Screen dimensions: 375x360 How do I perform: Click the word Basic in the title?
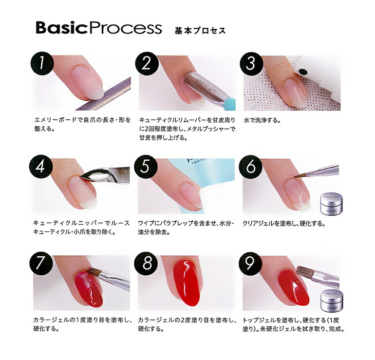(61, 28)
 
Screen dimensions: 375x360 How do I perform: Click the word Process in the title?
(124, 28)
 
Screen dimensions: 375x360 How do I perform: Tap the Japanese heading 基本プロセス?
(200, 31)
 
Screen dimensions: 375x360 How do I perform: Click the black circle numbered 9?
(251, 264)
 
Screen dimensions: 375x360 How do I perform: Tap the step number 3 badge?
(251, 64)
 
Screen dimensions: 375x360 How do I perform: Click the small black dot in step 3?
(303, 71)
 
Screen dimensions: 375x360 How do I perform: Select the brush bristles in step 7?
(95, 272)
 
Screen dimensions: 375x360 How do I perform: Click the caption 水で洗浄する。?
(262, 120)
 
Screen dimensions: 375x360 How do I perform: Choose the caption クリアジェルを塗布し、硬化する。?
(284, 224)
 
